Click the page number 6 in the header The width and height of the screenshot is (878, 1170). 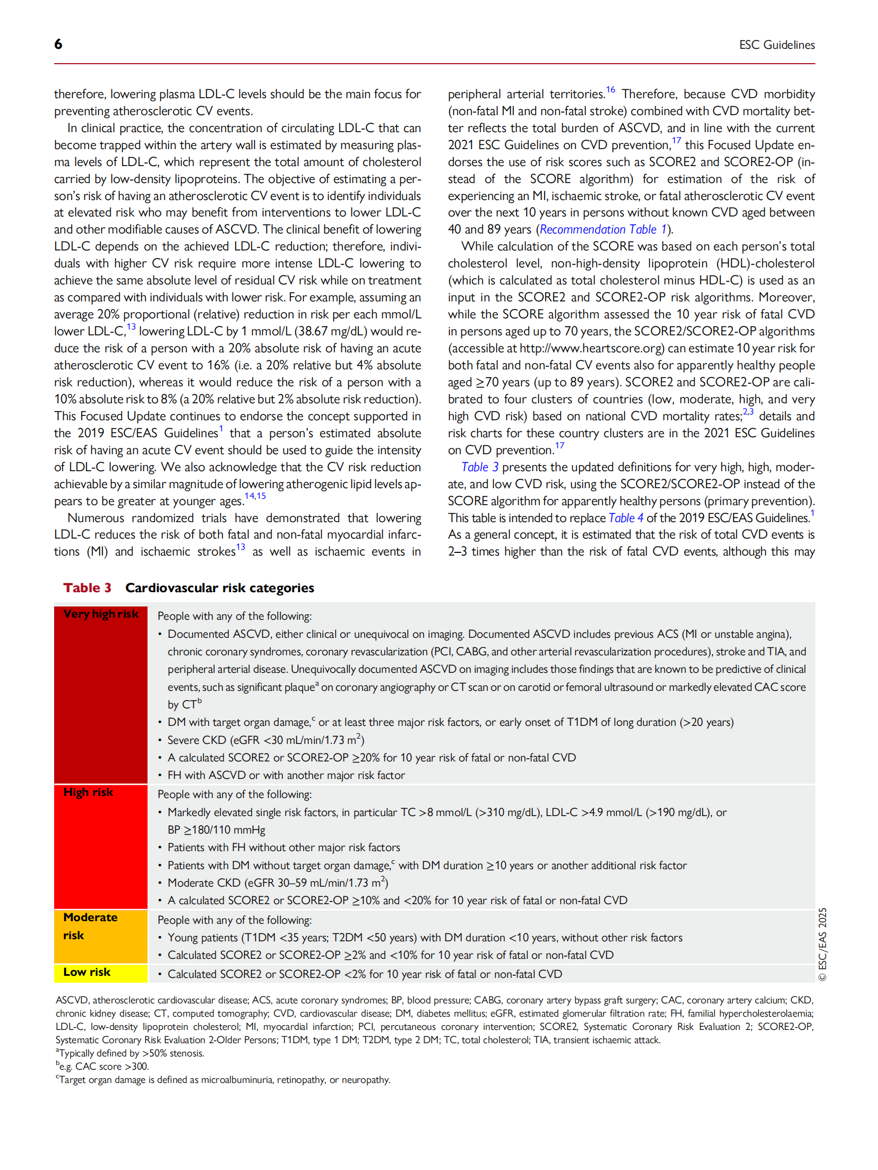58,44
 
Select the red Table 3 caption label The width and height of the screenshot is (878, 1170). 87,587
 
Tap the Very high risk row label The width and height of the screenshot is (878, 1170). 100,614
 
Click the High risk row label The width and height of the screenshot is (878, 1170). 88,792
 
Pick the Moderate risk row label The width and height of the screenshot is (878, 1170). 90,925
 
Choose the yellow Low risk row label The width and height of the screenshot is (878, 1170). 87,972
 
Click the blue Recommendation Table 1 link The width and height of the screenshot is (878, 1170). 603,230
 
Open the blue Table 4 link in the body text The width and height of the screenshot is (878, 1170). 625,518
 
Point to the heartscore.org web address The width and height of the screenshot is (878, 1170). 591,349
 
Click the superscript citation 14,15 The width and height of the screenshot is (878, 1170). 255,496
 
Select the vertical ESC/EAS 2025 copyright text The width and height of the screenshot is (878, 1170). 822,944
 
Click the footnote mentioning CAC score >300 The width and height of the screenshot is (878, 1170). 104,1067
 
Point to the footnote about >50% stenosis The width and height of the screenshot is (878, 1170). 131,1053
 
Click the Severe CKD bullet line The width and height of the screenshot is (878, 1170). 265,740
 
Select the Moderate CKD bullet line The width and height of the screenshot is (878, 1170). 278,882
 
